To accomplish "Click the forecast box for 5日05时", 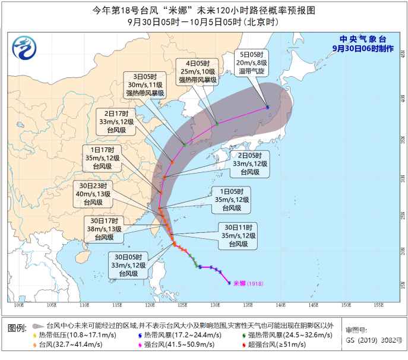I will tap(254, 61).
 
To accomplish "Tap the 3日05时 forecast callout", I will tap(144, 86).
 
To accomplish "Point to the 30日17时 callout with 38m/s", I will tap(103, 228).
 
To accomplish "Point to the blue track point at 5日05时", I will tap(267, 108).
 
